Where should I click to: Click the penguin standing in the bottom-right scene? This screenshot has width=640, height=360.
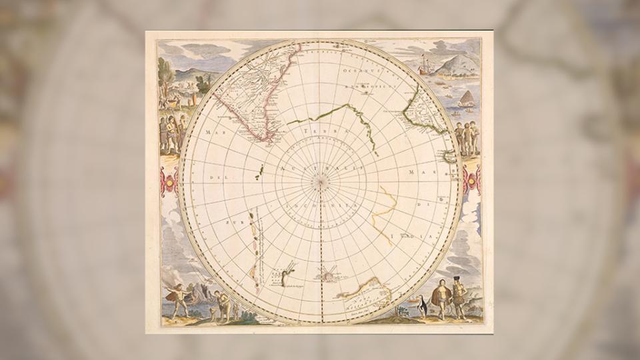point(421,307)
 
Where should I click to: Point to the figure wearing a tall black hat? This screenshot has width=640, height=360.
point(458,293)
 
